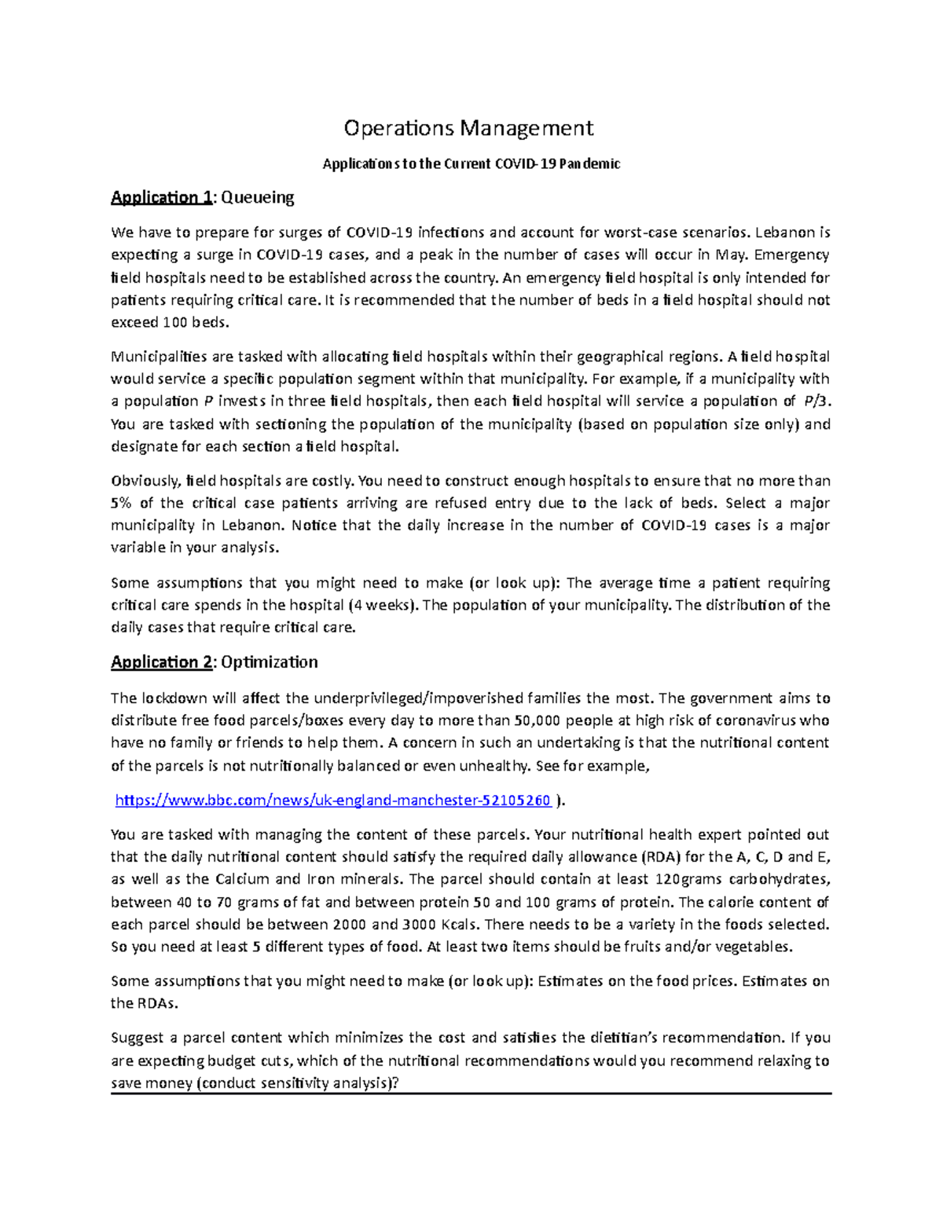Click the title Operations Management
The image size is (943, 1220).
[470, 127]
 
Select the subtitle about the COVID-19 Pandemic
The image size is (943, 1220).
[472, 164]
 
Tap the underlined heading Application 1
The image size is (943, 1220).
[161, 197]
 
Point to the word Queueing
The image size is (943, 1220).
[257, 197]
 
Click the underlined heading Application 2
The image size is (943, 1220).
[161, 662]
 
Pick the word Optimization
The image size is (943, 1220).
[269, 662]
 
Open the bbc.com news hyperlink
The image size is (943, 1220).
[332, 801]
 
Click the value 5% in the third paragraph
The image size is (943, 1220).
[122, 504]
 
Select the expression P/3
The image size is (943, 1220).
[815, 401]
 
